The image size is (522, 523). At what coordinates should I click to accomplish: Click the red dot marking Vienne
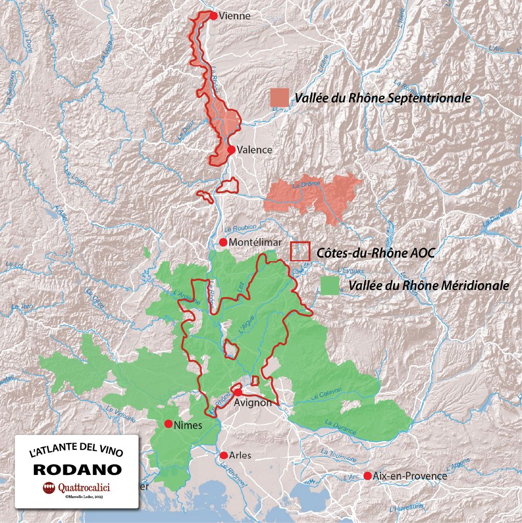(x=213, y=16)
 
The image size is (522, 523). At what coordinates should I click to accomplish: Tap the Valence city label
(x=254, y=150)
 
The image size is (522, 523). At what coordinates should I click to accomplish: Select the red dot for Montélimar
(x=223, y=242)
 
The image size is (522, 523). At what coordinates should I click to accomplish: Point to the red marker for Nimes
(x=168, y=424)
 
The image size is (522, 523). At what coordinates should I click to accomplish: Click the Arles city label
(x=240, y=456)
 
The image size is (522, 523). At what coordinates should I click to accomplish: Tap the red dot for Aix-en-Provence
(x=367, y=476)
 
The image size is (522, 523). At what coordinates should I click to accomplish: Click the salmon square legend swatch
(x=280, y=98)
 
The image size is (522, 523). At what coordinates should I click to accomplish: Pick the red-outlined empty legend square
(x=300, y=251)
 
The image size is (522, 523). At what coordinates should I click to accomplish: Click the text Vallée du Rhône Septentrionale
(x=383, y=98)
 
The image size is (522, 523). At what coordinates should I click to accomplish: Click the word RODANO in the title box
(x=77, y=469)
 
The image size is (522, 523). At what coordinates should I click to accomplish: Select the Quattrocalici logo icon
(x=49, y=488)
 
